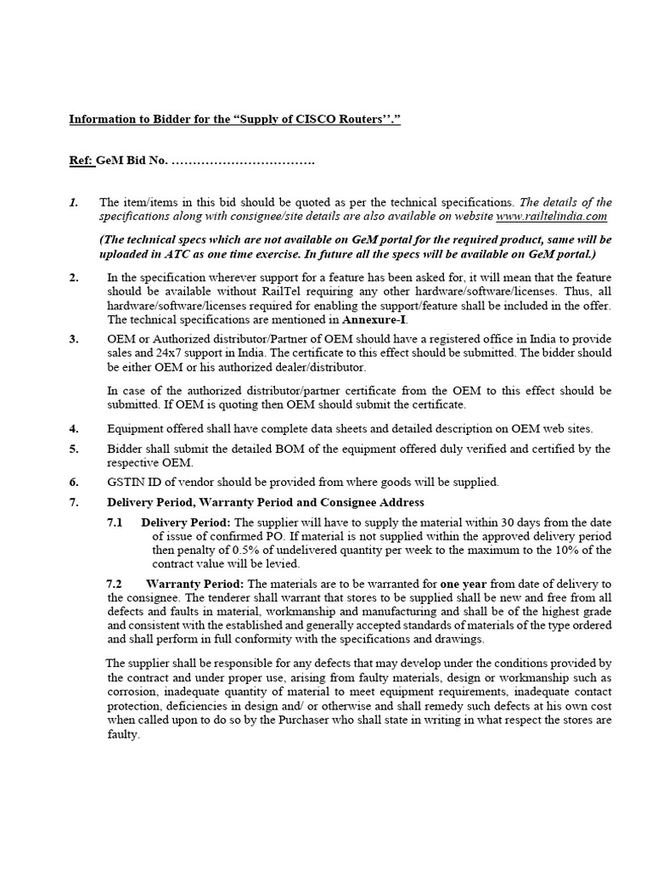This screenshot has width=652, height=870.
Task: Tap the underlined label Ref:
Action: click(82, 161)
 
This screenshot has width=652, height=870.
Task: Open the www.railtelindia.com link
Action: click(553, 216)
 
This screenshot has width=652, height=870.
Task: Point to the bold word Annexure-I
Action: click(374, 319)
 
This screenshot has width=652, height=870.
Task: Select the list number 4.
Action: click(74, 429)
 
